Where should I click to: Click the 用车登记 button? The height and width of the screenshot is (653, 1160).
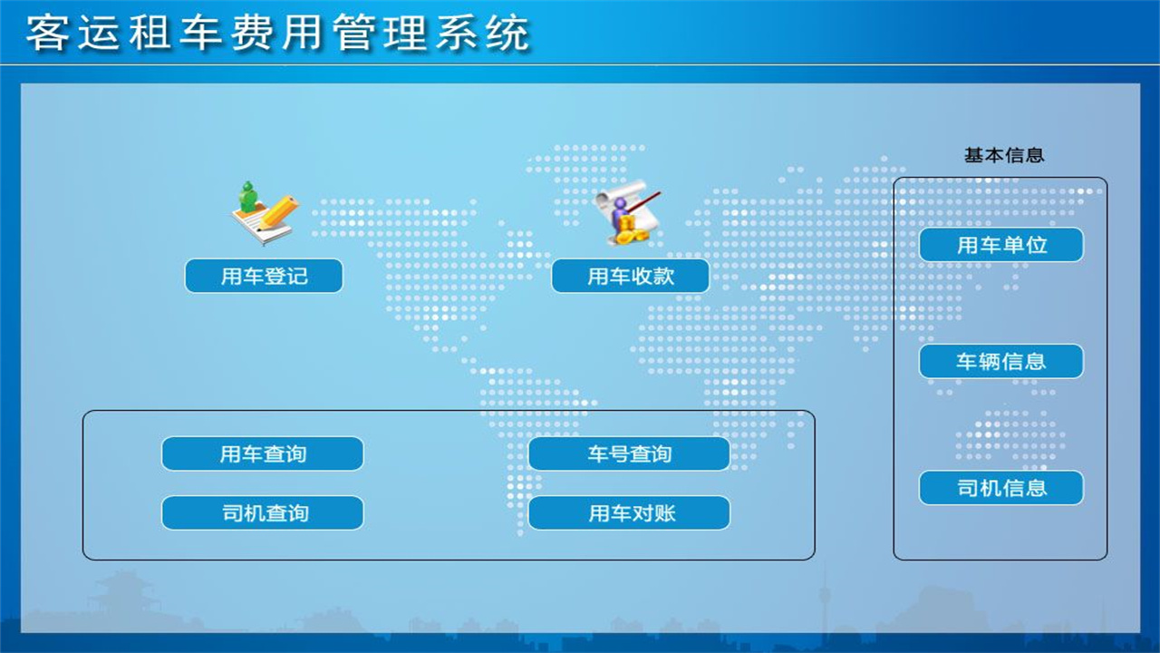pos(264,276)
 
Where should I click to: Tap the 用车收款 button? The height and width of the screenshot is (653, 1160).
pos(630,276)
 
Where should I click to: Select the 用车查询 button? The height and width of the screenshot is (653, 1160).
pos(263,453)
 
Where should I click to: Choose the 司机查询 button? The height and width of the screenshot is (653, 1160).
pos(263,512)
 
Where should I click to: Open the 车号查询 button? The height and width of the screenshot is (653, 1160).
pos(629,453)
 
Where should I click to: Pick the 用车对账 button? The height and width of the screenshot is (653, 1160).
pos(629,512)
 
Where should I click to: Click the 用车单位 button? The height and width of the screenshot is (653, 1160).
pos(1001,245)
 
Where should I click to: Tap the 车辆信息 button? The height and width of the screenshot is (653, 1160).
pos(1001,361)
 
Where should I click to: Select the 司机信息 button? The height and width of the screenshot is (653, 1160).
pos(1001,488)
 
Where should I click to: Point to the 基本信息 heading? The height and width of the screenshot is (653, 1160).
pos(1004,155)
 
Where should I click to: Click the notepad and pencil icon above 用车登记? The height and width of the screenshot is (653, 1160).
pos(264,214)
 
